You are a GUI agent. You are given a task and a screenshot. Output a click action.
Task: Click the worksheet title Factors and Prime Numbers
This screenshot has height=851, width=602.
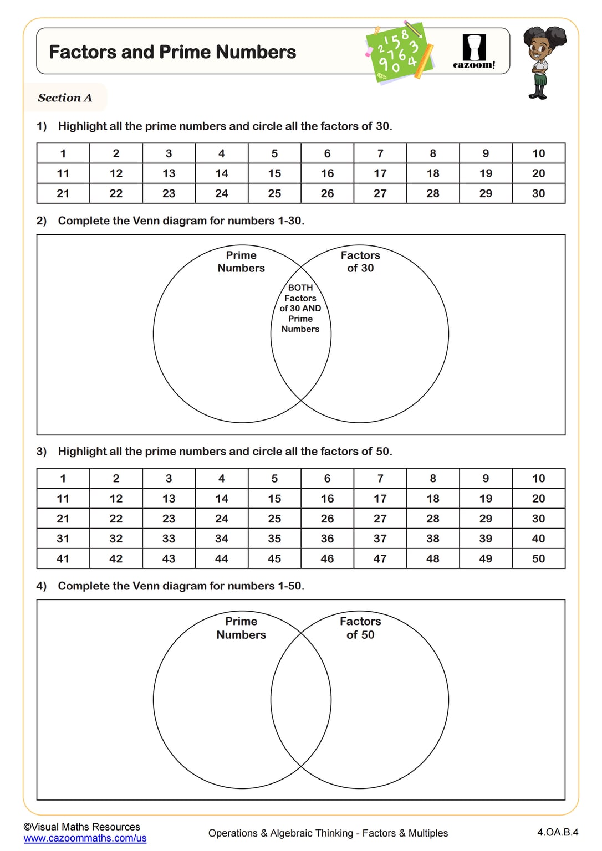172,52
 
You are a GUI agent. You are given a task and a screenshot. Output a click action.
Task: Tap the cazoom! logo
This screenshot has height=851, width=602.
474,52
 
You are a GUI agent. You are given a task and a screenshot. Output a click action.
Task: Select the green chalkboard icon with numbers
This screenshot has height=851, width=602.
399,53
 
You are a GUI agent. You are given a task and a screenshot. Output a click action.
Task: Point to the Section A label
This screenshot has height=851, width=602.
65,98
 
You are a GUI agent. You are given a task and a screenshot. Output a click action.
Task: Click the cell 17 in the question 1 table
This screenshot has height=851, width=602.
380,173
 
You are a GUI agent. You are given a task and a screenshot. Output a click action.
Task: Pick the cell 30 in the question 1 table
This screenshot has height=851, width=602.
538,193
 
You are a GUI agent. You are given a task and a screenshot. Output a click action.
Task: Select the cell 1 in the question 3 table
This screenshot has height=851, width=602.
63,479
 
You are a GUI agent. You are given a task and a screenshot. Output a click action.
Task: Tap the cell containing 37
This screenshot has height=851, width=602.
380,539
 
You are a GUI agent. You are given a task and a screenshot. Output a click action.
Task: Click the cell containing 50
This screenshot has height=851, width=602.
538,558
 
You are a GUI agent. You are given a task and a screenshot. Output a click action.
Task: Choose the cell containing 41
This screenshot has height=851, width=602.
63,558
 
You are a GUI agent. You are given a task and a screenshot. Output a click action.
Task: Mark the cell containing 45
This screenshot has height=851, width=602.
274,558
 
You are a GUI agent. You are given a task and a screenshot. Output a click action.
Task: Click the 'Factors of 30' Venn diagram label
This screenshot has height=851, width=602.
360,262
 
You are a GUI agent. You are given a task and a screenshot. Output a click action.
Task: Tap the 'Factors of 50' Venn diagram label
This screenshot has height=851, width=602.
360,628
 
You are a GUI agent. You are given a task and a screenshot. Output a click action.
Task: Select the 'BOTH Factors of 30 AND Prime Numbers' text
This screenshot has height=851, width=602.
300,308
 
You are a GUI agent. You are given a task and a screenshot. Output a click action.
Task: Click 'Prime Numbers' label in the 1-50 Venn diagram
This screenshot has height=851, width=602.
241,628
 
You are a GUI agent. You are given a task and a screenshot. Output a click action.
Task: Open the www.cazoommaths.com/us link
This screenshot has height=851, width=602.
85,838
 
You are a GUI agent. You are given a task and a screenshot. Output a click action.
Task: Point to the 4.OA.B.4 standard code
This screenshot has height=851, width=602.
557,832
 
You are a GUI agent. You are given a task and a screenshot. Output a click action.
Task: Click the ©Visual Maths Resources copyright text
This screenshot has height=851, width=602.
82,827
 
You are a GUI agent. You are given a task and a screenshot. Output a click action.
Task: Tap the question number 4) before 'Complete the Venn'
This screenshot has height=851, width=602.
42,586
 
